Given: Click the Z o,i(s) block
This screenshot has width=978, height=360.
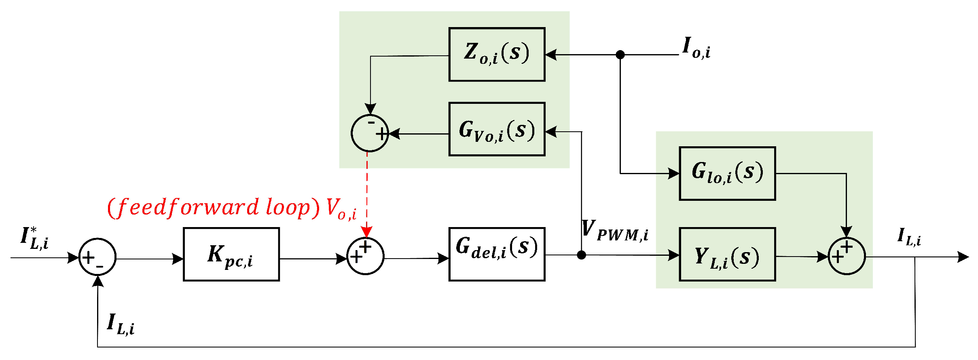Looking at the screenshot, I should (497, 55).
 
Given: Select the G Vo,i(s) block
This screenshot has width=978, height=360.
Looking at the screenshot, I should (497, 129).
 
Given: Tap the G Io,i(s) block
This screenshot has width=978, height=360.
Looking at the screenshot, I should (727, 173).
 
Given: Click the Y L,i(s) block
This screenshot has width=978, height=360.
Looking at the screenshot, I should (727, 255).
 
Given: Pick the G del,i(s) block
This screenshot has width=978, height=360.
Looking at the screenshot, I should (497, 254).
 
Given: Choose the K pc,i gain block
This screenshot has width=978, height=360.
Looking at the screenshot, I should (231, 254).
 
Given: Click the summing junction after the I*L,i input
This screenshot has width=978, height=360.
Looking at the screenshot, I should (97, 257).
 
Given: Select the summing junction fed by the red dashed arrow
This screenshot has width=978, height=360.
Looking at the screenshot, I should (366, 256).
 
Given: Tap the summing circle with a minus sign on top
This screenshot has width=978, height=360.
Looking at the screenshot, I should (370, 133).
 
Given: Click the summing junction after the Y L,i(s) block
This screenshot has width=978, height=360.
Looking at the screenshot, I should (847, 256).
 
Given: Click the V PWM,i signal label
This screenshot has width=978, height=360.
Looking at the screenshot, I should (615, 231).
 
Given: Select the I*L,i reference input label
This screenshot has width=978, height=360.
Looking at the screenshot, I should (34, 238).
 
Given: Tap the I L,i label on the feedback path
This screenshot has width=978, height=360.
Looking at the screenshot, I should (121, 324).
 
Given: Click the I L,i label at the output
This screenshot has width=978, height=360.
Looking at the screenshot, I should (909, 237).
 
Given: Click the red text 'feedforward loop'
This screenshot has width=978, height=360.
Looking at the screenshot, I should (214, 208).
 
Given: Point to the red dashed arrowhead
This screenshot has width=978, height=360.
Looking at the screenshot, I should (366, 232).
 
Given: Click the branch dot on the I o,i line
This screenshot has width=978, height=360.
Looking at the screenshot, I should (620, 55).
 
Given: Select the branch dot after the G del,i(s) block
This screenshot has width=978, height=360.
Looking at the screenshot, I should (581, 255).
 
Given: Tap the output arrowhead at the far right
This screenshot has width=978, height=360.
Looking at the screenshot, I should (964, 257).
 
